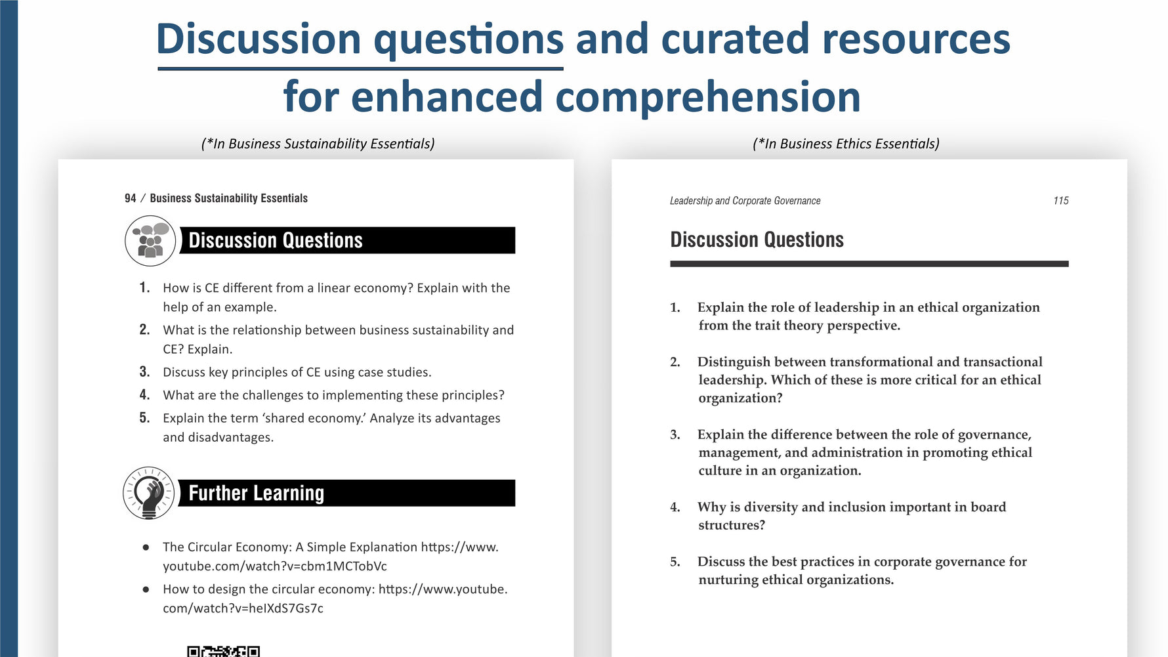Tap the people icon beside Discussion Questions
point(150,241)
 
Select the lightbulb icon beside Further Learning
point(149,493)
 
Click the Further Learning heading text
point(257,493)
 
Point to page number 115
point(1061,201)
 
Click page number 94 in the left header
point(131,198)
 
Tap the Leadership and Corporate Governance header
point(745,201)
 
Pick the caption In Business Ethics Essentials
point(846,144)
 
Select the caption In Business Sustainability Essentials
point(318,144)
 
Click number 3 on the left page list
point(144,372)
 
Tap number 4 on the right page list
point(675,507)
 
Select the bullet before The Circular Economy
point(146,547)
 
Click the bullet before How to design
point(146,589)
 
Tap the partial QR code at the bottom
point(223,652)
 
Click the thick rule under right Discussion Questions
point(869,264)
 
